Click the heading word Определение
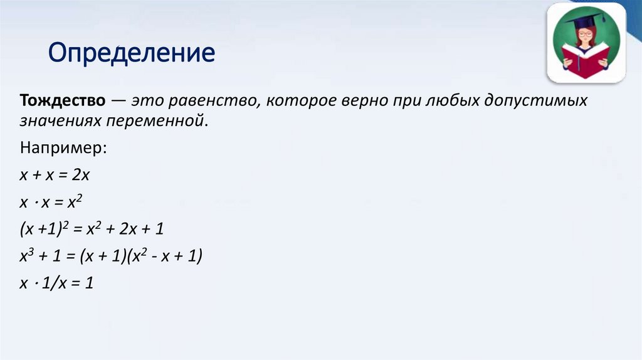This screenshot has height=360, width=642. pyautogui.click(x=132, y=54)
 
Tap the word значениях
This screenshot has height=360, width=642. pyautogui.click(x=58, y=120)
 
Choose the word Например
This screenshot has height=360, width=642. pyautogui.click(x=63, y=149)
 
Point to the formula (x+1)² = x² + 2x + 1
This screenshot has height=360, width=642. pyautogui.click(x=92, y=230)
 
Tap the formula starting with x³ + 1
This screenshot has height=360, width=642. pyautogui.click(x=110, y=257)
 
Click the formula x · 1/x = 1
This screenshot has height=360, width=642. pyautogui.click(x=56, y=283)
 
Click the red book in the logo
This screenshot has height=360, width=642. pyautogui.click(x=586, y=61)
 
